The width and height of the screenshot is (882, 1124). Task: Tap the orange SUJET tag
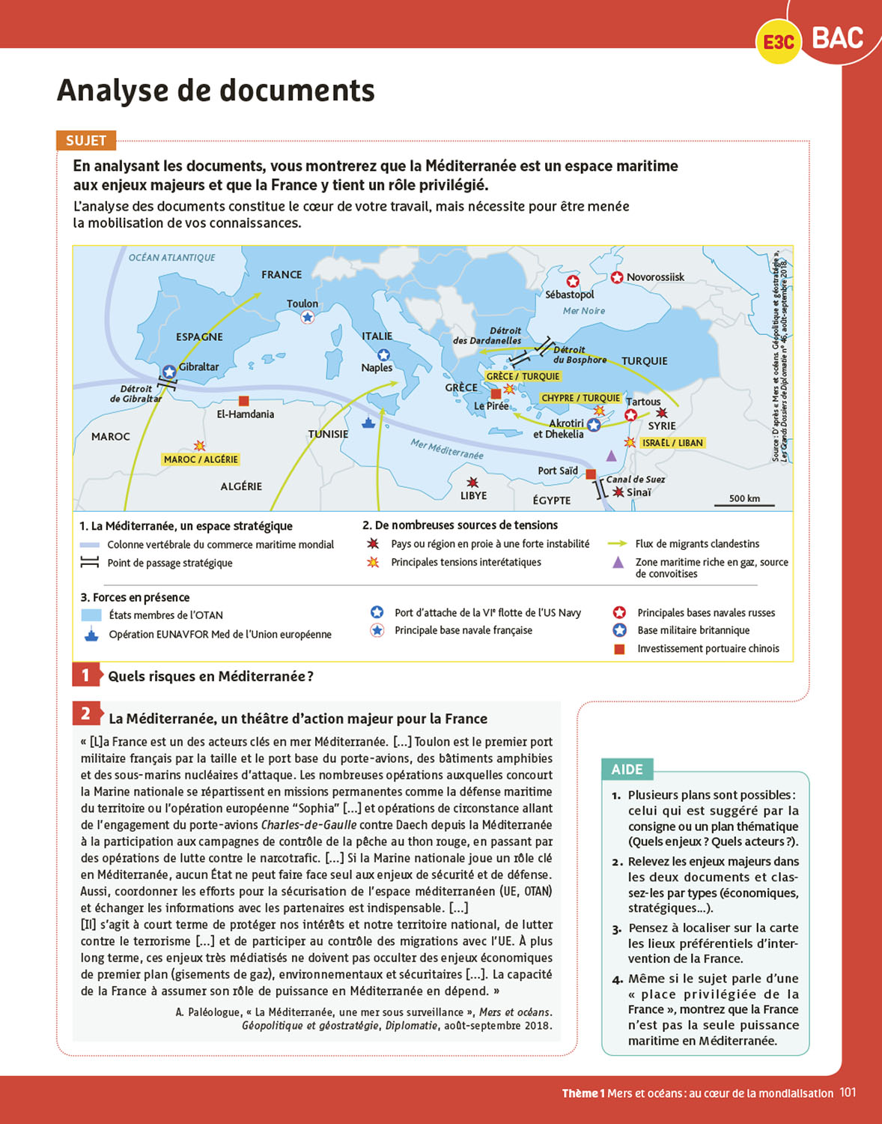[x=86, y=140]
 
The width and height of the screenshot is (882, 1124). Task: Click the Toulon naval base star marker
[x=307, y=317]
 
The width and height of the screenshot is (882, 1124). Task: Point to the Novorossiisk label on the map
[x=655, y=277]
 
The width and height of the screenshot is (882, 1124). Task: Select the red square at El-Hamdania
[x=243, y=401]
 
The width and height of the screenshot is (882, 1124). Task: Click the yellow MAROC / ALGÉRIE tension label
[x=201, y=459]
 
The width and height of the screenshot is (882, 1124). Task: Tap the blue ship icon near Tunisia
[x=368, y=422]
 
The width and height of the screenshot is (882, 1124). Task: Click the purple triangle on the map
[x=612, y=456]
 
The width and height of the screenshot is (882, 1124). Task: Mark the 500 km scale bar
[x=744, y=505]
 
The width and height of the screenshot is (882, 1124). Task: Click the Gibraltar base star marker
[x=169, y=372]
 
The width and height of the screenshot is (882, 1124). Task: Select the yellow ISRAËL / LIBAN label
[x=672, y=443]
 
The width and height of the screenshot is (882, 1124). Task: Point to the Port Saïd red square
[x=591, y=474]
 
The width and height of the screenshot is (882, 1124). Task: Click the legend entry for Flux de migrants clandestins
[x=697, y=544]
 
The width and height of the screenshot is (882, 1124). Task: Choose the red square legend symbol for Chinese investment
[x=619, y=649]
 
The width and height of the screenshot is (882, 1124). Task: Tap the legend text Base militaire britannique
[x=693, y=630]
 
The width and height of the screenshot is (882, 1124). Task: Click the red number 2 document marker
[x=86, y=713]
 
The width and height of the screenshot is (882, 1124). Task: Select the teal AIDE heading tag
[x=627, y=770]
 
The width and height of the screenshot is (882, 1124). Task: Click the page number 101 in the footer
[x=848, y=1093]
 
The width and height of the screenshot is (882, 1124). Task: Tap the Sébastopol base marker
[x=573, y=281]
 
